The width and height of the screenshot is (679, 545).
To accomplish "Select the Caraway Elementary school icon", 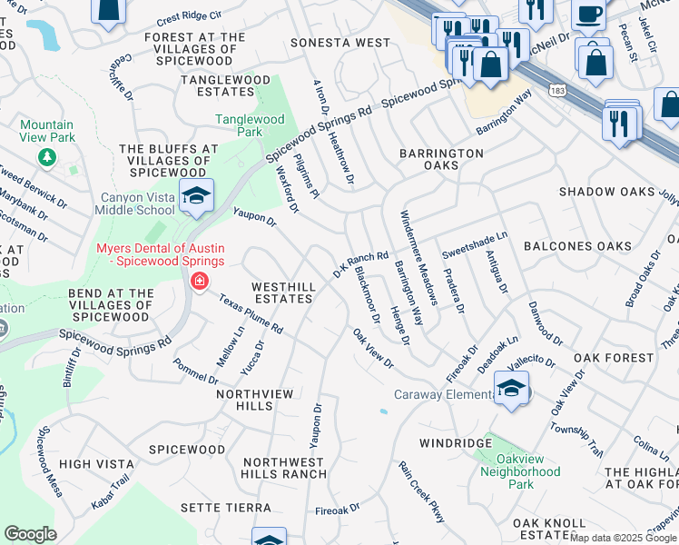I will (512, 391).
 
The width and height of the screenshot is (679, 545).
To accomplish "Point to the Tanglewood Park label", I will (250, 125).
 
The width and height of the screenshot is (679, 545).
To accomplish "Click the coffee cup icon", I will (588, 15).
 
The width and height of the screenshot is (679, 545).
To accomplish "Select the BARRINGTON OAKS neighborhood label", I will (441, 160).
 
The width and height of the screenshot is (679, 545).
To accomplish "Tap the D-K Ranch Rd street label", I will (360, 264).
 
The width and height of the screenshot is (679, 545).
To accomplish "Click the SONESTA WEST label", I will (340, 43).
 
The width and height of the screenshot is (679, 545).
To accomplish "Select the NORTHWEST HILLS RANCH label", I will (284, 468).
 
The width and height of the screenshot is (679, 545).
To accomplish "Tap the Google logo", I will (30, 534).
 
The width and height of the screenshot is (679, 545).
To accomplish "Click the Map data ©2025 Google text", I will (622, 538).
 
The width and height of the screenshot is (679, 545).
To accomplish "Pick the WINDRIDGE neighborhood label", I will (455, 443).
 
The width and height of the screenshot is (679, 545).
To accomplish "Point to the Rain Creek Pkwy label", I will (422, 491).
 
